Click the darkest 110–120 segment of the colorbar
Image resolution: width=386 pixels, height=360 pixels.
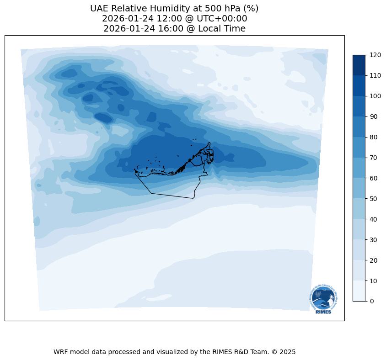[359, 65]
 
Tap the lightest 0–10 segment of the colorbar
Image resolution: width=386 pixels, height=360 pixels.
[359, 291]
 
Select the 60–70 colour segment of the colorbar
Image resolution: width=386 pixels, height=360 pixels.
[359, 168]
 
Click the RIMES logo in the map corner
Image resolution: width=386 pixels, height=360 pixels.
[324, 299]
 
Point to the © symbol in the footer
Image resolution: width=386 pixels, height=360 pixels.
[276, 352]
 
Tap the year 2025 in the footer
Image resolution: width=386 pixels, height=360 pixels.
[288, 352]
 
